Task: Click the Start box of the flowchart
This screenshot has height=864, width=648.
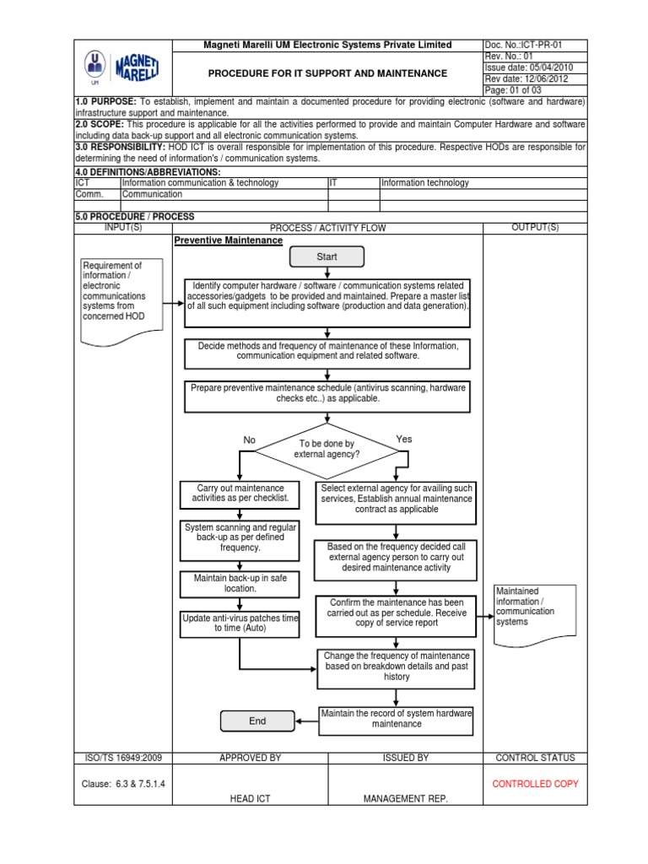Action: tap(327, 256)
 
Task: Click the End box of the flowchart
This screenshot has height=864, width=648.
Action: tap(257, 721)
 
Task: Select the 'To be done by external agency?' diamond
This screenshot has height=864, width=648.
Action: tap(327, 448)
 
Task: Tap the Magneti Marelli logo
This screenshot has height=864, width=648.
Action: tap(122, 67)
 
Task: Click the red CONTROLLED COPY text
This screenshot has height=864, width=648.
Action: tap(535, 784)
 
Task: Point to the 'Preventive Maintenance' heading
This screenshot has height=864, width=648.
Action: tap(228, 240)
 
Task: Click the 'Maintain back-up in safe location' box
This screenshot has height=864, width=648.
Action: tap(240, 583)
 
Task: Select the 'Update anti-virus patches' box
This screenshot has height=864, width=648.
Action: tap(240, 624)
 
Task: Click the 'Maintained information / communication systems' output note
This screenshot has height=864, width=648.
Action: tap(534, 613)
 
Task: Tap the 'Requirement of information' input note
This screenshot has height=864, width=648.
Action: tap(117, 296)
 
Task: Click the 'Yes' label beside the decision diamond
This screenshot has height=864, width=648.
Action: tap(404, 440)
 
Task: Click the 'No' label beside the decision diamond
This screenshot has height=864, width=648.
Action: tap(249, 440)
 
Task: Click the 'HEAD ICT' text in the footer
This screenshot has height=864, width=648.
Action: tap(250, 798)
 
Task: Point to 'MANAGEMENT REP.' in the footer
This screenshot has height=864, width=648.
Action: tap(406, 798)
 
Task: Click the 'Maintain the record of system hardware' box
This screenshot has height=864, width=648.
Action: tap(396, 719)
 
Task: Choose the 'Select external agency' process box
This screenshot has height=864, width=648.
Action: tap(396, 499)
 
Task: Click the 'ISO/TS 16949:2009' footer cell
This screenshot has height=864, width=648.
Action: tap(123, 758)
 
